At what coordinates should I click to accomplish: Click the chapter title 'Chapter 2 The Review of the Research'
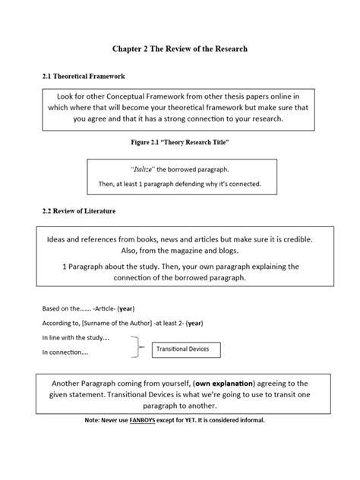coord(180,49)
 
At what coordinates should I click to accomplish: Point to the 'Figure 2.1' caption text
coord(180,143)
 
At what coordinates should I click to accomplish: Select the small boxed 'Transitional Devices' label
coord(186,349)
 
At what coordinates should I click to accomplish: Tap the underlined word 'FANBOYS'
coord(152,420)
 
